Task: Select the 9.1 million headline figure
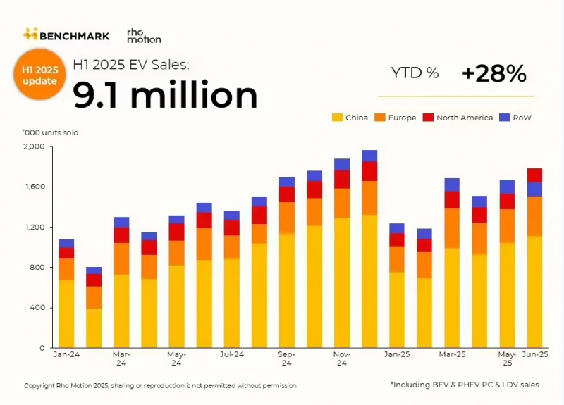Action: pyautogui.click(x=165, y=94)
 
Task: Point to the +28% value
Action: pyautogui.click(x=493, y=73)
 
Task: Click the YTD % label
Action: pyautogui.click(x=415, y=73)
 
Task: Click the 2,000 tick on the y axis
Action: pyautogui.click(x=35, y=147)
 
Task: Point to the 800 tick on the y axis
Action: pyautogui.click(x=37, y=268)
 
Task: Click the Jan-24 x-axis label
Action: pyautogui.click(x=66, y=354)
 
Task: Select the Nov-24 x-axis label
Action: pyautogui.click(x=342, y=359)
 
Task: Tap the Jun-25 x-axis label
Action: pyautogui.click(x=535, y=354)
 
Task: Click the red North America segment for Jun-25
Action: pyautogui.click(x=535, y=175)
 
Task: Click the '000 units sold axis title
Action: pyautogui.click(x=51, y=132)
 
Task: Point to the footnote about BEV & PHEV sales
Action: pyautogui.click(x=464, y=385)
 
